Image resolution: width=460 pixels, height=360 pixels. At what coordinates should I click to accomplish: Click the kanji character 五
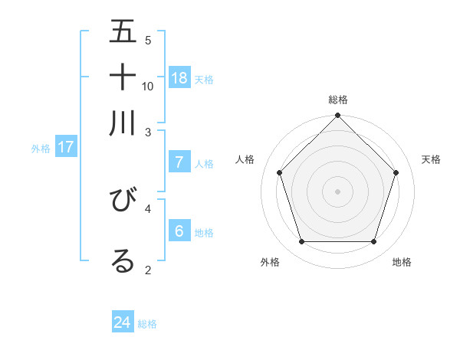pos(123,32)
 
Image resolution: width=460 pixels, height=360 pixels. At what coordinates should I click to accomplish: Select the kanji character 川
pos(123,123)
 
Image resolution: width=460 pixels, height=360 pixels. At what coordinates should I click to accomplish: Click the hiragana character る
pos(123,260)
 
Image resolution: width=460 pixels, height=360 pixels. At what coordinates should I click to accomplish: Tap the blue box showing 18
pos(179,77)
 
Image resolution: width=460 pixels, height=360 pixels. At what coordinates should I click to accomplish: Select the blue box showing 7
pos(179,162)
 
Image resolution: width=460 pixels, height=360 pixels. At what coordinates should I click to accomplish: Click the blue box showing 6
pos(179,231)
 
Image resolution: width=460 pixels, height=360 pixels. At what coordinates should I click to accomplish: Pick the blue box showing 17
pos(66,147)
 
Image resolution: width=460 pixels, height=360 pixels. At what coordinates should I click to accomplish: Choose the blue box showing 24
pos(123,322)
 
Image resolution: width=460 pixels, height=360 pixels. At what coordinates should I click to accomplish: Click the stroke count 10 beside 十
pos(148,86)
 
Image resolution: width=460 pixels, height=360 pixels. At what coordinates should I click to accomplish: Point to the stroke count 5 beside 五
pos(148,40)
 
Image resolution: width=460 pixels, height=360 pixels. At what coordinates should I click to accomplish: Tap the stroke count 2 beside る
pos(148,270)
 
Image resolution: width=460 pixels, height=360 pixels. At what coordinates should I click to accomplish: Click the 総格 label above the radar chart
pos(337,100)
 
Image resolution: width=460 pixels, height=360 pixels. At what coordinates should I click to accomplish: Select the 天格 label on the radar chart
pos(431,159)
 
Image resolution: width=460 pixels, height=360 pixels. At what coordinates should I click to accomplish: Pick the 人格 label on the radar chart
pos(245,159)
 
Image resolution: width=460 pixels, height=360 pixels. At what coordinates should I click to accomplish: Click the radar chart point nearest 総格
pos(337,116)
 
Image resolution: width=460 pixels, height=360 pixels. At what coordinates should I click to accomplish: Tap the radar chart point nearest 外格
pos(301,242)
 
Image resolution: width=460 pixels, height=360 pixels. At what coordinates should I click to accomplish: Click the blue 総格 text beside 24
pos(147,324)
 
